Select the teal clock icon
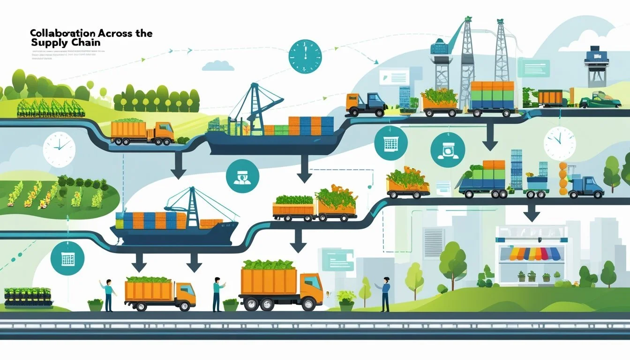point(305,56)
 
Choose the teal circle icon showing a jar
point(448,150)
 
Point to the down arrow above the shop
point(531,214)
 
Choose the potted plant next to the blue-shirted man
point(346,300)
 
